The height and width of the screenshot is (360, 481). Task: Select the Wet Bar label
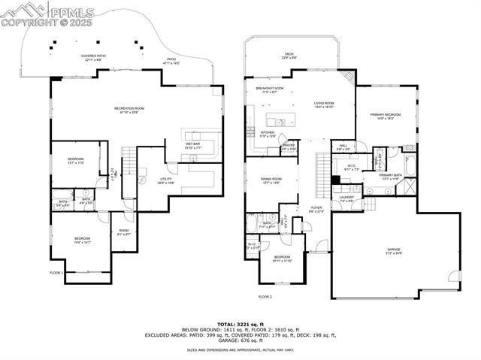point(192,145)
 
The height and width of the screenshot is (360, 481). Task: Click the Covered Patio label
point(94,57)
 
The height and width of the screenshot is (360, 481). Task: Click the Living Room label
point(323,105)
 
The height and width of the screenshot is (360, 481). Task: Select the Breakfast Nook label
point(269,89)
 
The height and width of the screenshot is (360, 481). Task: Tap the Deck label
point(289,55)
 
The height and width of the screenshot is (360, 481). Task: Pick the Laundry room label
point(346,199)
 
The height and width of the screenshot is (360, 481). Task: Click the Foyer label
point(316,210)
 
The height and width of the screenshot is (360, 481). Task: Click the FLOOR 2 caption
point(265,297)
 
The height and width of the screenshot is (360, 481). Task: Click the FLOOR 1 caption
point(56,273)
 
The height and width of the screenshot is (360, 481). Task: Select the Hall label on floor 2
point(343,147)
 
